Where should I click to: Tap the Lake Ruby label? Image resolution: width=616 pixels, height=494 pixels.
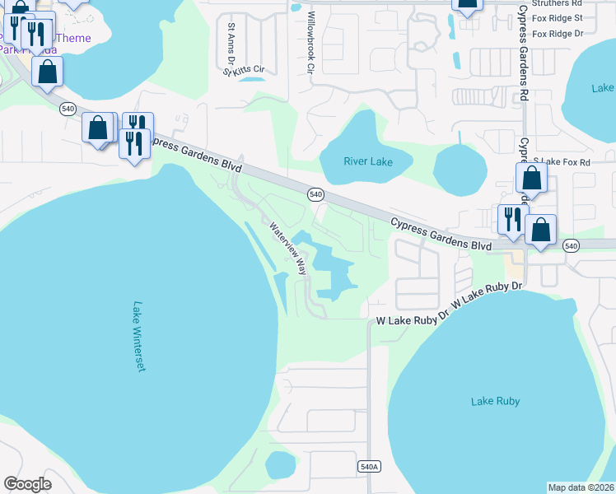(x=495, y=401)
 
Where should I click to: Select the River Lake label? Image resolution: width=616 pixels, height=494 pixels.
(x=367, y=161)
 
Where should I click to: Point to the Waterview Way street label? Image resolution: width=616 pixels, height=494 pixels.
(x=287, y=247)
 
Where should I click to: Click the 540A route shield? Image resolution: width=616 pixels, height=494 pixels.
(x=371, y=467)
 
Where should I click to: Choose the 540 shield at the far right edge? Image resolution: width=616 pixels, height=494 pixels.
(x=571, y=245)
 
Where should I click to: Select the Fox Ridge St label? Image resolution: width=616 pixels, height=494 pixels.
(x=558, y=18)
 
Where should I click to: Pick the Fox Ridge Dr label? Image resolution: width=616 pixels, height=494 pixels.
(x=558, y=34)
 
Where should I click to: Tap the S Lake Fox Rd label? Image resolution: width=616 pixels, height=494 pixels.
(x=562, y=162)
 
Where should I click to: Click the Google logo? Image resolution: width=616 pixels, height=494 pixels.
(x=28, y=484)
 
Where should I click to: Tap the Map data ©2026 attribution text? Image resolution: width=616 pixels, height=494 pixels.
(x=581, y=487)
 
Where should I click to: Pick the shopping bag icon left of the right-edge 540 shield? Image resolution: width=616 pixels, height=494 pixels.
(x=540, y=230)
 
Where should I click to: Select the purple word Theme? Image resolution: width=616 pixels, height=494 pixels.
(x=74, y=38)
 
